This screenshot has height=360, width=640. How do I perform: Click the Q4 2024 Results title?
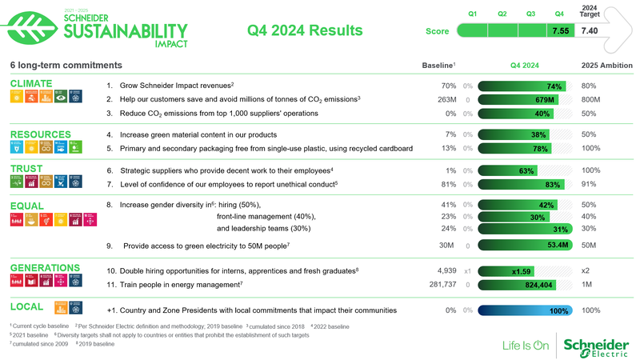306,31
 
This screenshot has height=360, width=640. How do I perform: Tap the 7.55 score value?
560,31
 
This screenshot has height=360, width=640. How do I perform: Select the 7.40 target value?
590,31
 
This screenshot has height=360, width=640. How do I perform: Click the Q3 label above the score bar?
530,14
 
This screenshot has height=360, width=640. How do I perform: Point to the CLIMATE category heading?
30,83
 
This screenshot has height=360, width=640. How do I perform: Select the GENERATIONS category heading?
45,267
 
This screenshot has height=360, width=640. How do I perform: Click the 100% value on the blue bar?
559,310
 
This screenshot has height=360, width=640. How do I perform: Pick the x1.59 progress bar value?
521,272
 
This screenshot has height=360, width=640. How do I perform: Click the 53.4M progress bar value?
557,245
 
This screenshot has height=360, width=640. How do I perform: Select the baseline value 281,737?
442,285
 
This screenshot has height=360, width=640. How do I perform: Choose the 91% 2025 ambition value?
590,184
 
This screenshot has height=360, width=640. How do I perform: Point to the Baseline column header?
438,65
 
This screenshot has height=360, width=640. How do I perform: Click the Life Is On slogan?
525,346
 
